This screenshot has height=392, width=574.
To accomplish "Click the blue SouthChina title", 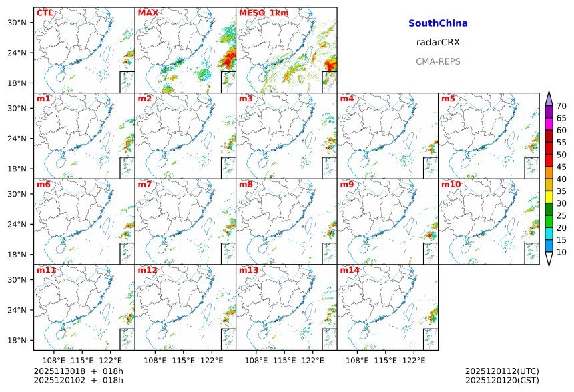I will click(438, 23).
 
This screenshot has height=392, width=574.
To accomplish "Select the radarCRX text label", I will click(438, 42).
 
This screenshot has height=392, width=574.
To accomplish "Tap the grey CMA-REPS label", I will click(438, 61).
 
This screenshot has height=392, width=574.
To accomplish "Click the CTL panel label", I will click(45, 13).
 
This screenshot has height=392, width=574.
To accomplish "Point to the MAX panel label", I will click(148, 13).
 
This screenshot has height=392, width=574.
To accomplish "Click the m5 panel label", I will click(447, 99).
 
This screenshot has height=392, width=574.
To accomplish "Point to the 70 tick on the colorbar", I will click(562, 106).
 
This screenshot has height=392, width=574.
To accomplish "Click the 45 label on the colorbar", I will click(562, 167).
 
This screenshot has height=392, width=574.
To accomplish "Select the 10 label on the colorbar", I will click(562, 252).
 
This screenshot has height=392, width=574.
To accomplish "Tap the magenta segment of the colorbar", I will click(549, 124).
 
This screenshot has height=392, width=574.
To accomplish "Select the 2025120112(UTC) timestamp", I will click(502, 371).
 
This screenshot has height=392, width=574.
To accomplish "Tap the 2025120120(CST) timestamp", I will click(502, 380).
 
